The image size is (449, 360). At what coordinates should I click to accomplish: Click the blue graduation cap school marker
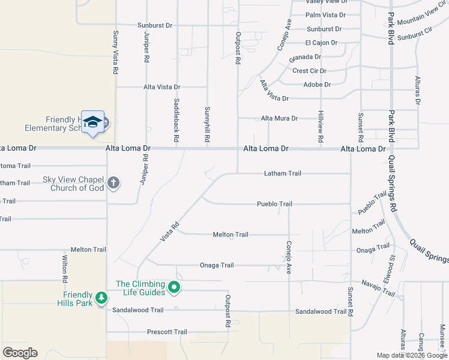click(93, 122)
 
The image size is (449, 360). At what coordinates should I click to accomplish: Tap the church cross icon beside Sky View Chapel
click(114, 184)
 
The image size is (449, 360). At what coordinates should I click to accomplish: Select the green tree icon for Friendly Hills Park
click(102, 298)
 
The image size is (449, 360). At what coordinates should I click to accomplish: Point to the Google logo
click(20, 353)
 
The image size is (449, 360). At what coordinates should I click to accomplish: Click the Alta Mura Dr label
click(279, 118)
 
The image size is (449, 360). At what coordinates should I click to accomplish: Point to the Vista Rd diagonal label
click(170, 232)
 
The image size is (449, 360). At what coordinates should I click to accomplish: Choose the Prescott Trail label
click(167, 332)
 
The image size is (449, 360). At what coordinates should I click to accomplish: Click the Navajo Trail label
click(378, 288)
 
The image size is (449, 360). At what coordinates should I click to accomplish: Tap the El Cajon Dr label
click(321, 43)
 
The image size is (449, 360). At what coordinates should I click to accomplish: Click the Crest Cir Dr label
click(309, 70)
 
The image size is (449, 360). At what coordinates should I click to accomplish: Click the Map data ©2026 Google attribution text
click(411, 355)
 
